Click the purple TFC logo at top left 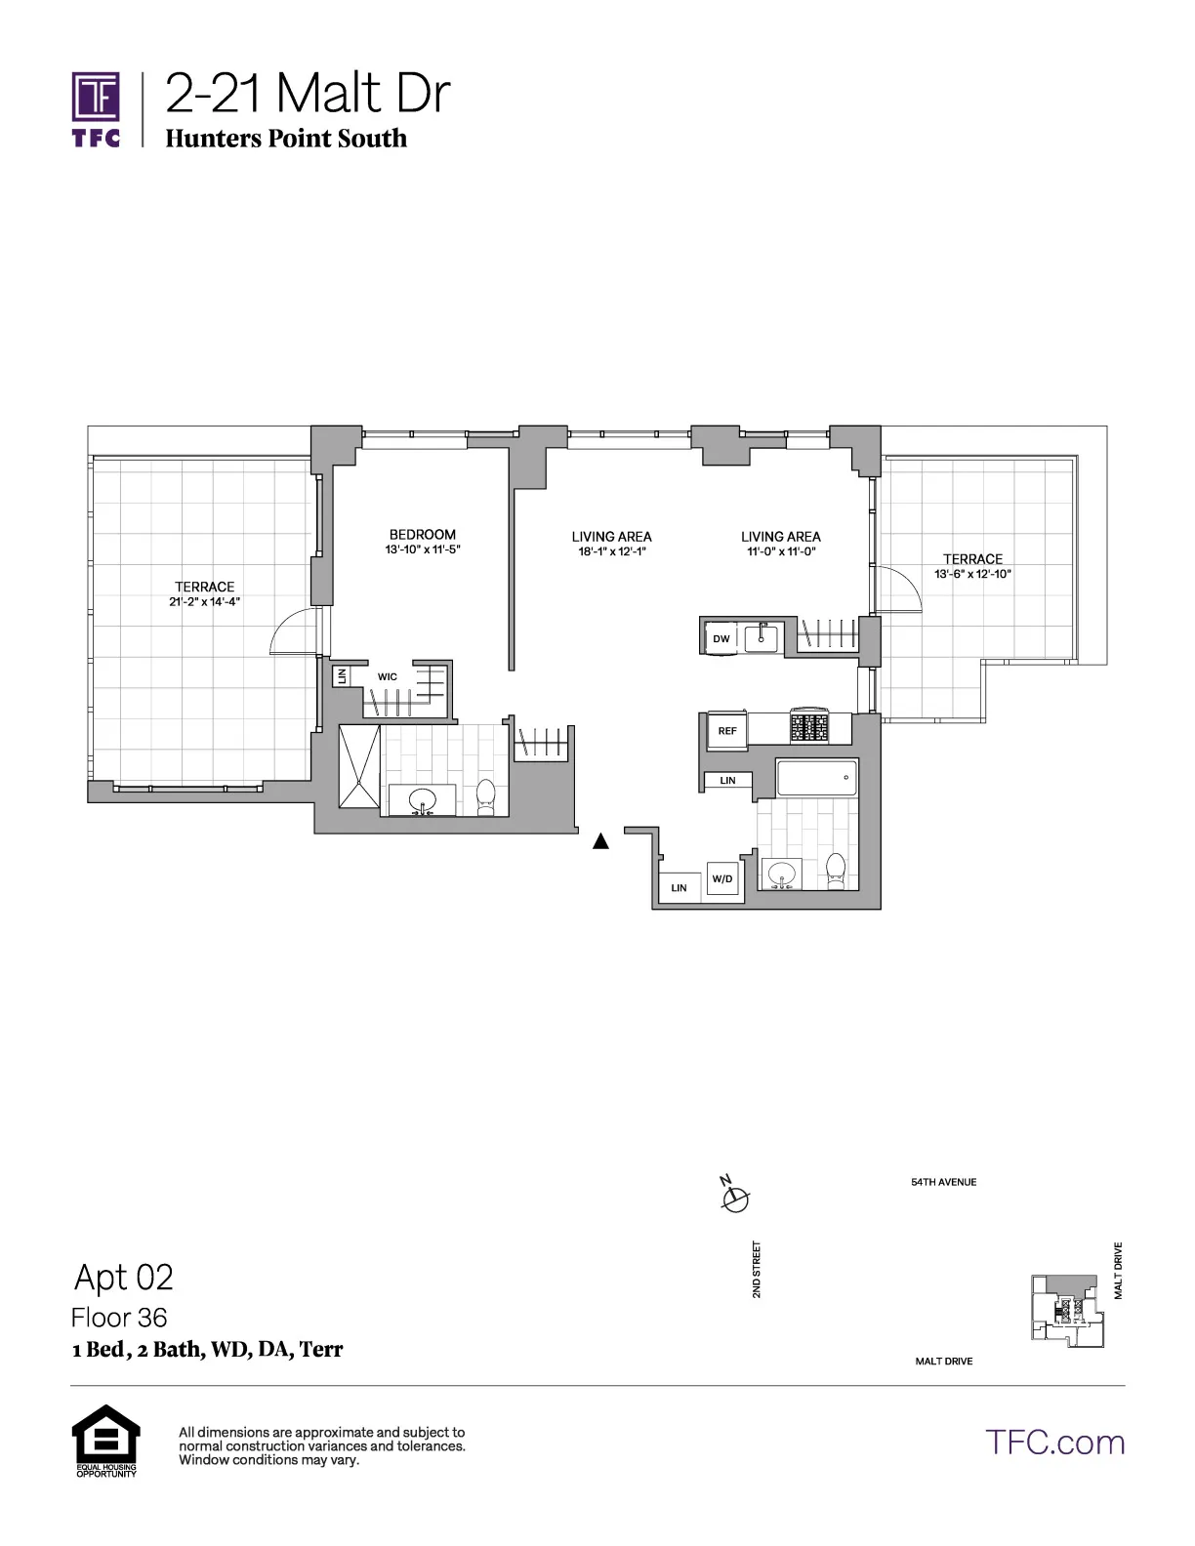click(97, 107)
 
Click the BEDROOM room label click(422, 535)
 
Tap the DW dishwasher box click(721, 639)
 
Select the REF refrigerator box click(726, 731)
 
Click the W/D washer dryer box click(722, 879)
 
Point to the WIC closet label click(388, 676)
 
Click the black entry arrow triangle click(601, 840)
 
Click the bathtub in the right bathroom click(816, 778)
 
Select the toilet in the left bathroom click(486, 798)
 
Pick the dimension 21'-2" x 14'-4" click(204, 602)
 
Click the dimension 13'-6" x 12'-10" click(972, 575)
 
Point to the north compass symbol click(735, 1197)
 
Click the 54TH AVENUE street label click(943, 1182)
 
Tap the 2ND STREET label click(757, 1269)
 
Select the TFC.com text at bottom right click(1054, 1442)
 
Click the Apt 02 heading click(124, 1277)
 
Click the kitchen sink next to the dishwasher click(761, 638)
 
